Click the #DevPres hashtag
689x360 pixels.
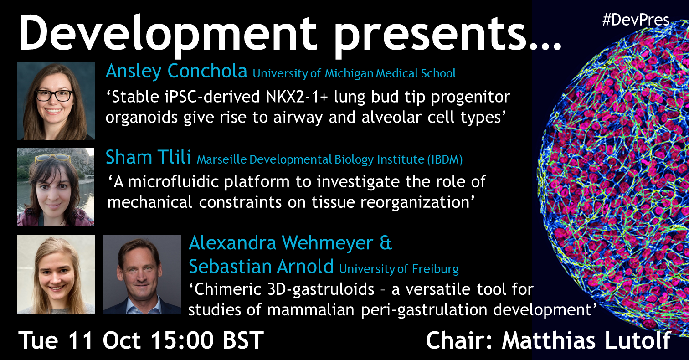point(636,21)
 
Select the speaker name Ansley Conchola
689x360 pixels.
point(176,71)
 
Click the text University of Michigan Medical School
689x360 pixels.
point(355,73)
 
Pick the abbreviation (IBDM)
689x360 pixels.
point(445,159)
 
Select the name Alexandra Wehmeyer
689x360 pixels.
point(281,243)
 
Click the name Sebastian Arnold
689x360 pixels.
point(261,266)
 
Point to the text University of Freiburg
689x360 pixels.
point(399,269)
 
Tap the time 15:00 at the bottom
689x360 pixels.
point(182,340)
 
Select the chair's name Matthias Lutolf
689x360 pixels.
point(586,340)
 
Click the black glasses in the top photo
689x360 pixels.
point(54,95)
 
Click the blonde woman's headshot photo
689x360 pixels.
point(56,274)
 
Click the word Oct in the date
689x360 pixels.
point(122,340)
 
